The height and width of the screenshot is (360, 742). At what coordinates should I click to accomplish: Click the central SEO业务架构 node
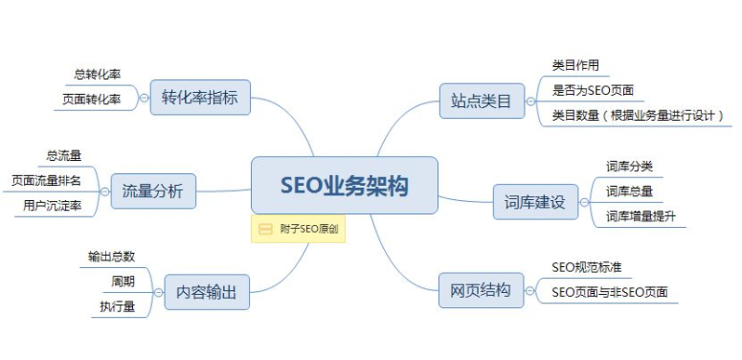click(344, 185)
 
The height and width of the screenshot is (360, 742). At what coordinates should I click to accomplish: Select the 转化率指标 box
click(200, 97)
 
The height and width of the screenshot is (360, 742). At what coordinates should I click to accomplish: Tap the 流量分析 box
click(152, 193)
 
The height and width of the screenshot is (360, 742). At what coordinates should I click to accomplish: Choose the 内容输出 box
click(205, 292)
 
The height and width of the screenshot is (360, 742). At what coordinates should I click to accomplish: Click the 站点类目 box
click(481, 100)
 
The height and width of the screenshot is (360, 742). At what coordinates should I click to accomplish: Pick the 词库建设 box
click(535, 201)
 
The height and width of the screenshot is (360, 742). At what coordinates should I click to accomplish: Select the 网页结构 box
click(481, 289)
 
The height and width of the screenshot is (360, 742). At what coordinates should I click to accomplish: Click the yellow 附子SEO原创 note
click(298, 229)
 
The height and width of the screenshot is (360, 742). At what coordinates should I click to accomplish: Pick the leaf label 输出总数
click(111, 258)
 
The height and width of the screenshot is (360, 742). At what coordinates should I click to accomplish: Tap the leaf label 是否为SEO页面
click(591, 90)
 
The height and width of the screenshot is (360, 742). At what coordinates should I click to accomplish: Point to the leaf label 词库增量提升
click(641, 217)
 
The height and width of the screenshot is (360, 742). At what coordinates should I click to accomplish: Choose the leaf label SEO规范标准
click(586, 267)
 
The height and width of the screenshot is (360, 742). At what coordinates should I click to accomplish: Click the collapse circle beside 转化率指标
click(144, 97)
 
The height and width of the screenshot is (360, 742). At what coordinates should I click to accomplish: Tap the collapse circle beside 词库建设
click(586, 201)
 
